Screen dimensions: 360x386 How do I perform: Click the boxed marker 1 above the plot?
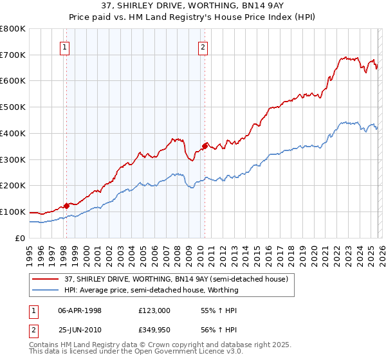pos(66,46)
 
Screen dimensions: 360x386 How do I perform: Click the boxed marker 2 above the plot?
pos(203,46)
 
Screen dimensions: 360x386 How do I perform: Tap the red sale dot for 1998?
pos(66,206)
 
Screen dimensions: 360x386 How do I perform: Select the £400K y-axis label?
pos(13,134)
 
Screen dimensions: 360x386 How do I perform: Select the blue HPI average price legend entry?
pos(151,290)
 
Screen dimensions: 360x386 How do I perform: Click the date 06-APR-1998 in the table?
pos(80,310)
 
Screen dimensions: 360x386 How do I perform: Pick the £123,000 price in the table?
pos(154,310)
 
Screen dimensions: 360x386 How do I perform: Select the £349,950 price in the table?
pos(154,330)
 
